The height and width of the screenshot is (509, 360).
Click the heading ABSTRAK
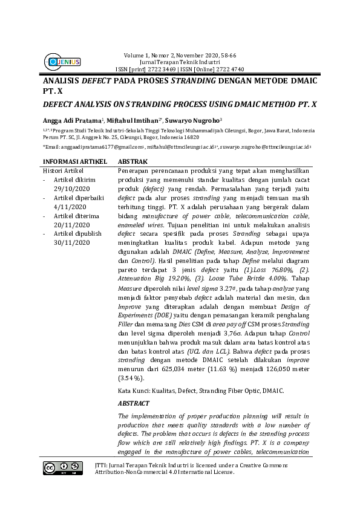132,162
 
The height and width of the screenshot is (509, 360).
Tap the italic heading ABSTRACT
135,403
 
